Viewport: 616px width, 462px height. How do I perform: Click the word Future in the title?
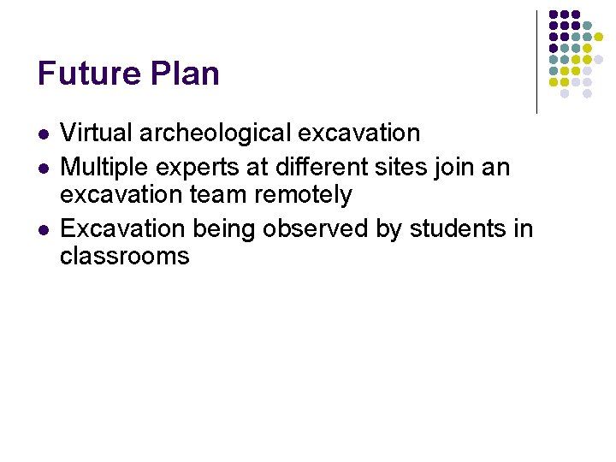pos(89,74)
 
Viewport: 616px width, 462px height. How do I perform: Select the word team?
pos(219,195)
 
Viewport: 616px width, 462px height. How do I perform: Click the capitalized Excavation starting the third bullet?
pos(123,229)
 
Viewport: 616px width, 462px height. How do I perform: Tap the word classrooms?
pos(124,256)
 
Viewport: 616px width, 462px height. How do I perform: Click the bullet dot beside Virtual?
pos(43,135)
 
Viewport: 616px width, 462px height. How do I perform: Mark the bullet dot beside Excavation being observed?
pos(43,230)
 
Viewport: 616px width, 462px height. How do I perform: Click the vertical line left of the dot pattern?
pos(536,62)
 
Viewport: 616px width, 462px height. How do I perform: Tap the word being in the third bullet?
pos(227,230)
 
